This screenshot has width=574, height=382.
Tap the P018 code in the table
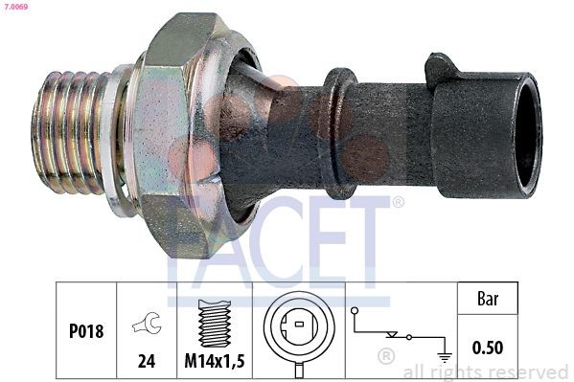tap(85, 331)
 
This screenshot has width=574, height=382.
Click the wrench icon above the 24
tap(147, 325)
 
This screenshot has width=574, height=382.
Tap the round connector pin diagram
tap(298, 330)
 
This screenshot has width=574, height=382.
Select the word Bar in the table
tap(488, 299)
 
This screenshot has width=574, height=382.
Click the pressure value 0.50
tap(488, 347)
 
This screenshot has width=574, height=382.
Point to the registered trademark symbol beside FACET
tap(398, 202)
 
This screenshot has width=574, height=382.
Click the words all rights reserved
tap(485, 372)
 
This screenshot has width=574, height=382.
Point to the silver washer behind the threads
tap(116, 139)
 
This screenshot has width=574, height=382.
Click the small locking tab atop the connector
tap(442, 67)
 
